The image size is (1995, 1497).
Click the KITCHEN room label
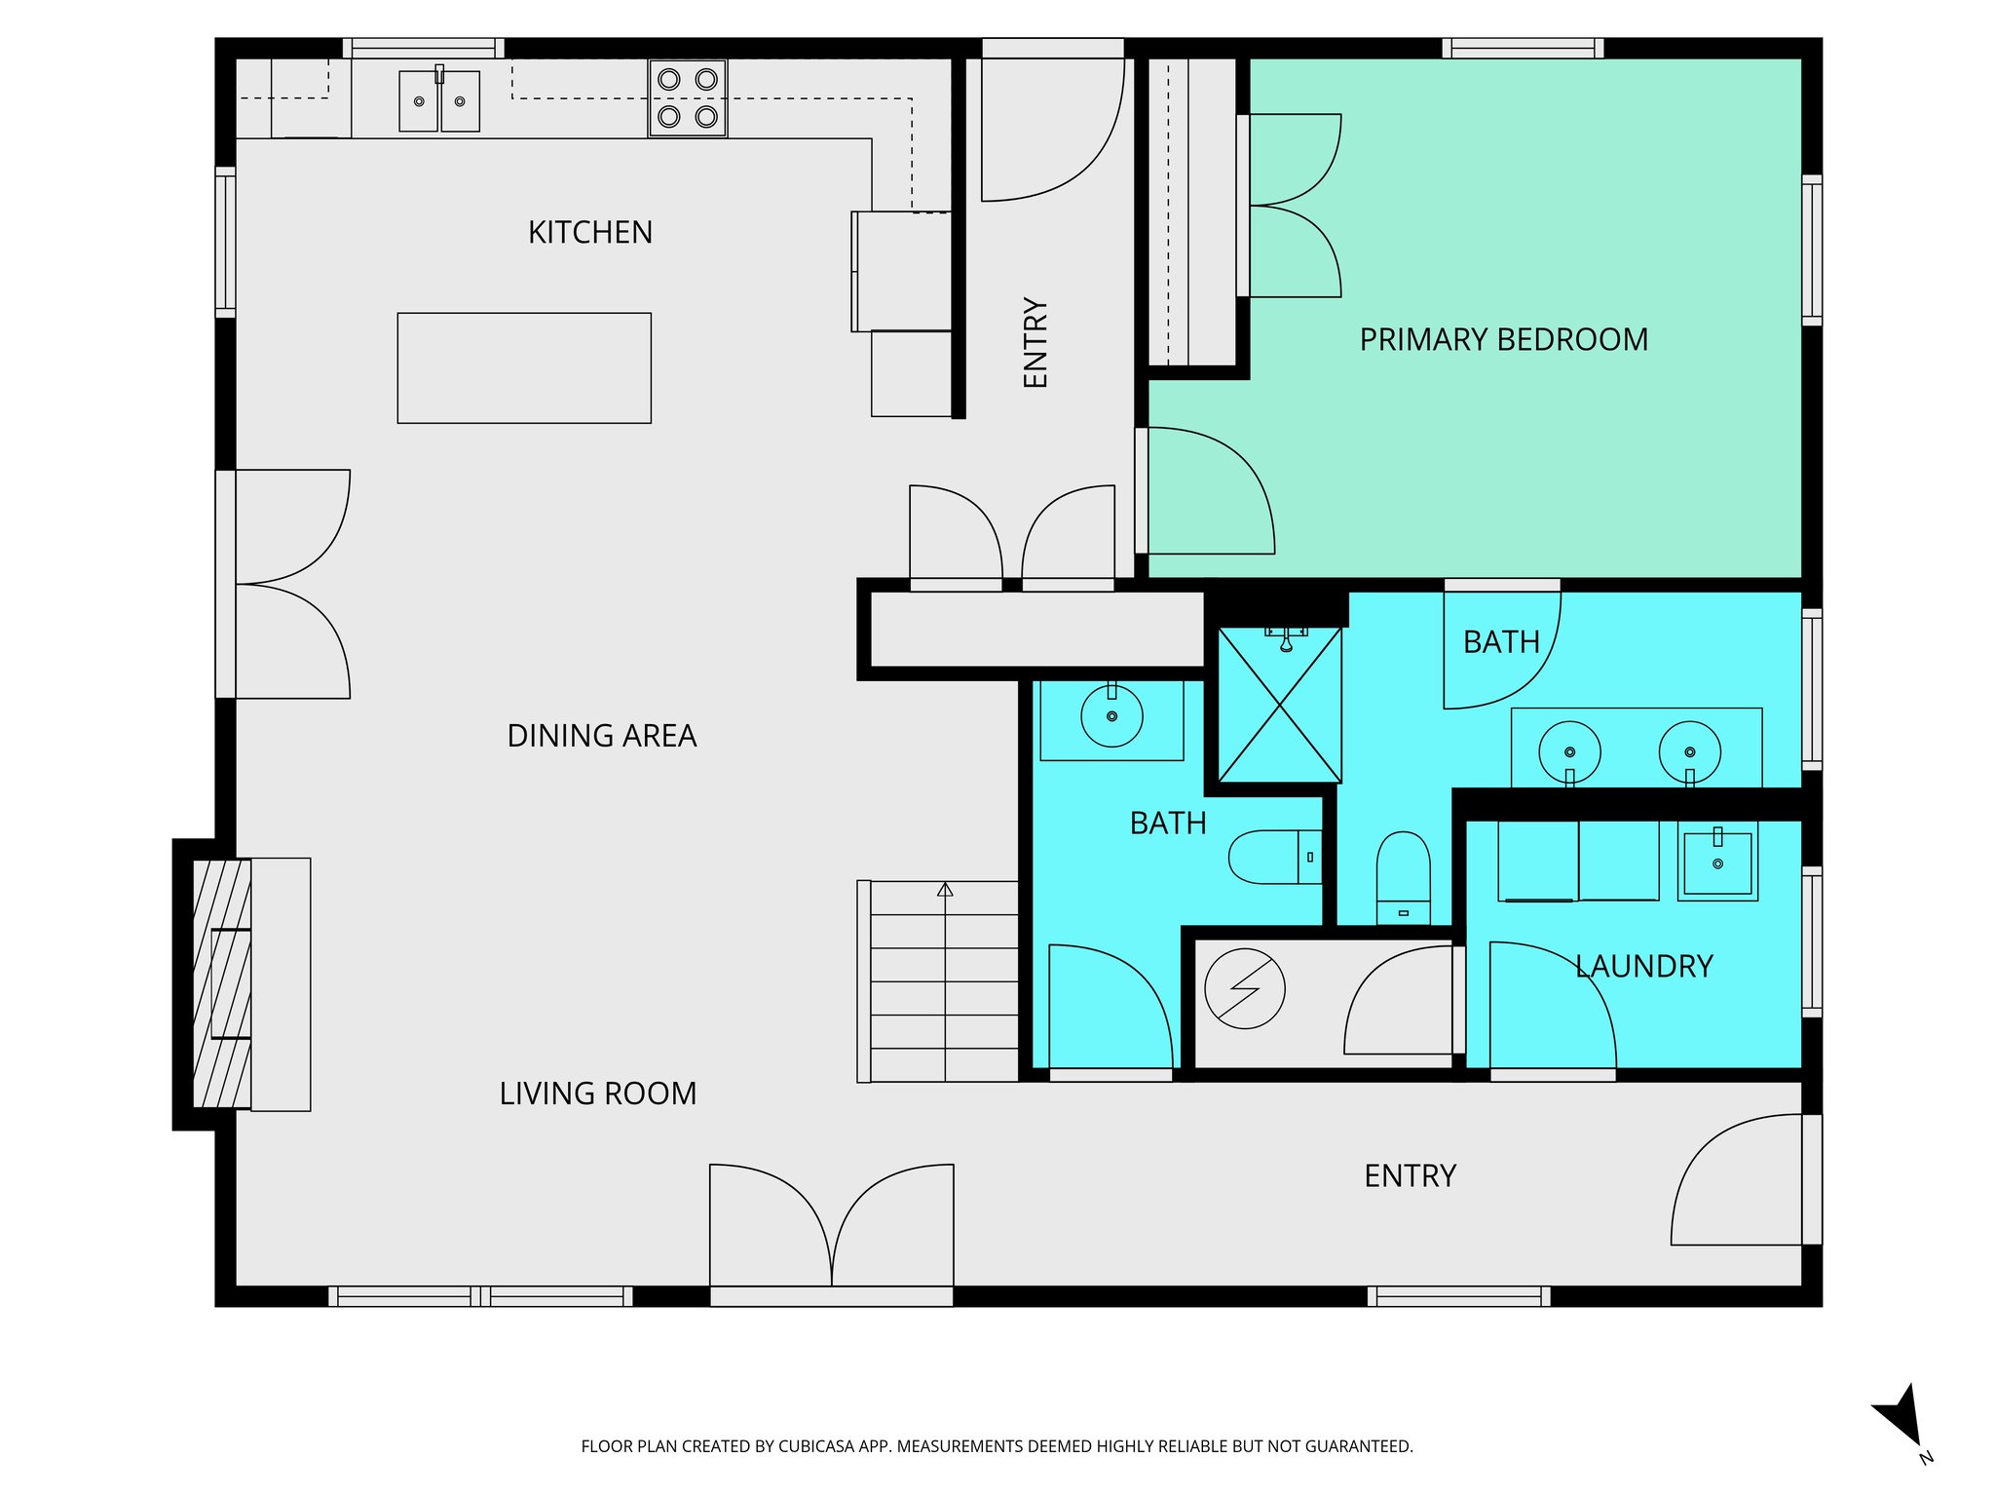[x=589, y=233]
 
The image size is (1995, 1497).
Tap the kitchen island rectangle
[x=524, y=368]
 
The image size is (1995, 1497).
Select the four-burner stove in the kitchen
[x=688, y=98]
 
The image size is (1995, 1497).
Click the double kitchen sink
[x=439, y=101]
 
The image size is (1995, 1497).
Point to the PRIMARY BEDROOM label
[x=1503, y=340]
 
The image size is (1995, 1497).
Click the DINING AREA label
[x=601, y=736]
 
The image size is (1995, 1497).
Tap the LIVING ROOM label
[x=597, y=1094]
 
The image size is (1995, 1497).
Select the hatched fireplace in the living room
[x=222, y=984]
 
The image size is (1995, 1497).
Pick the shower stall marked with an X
[x=1279, y=705]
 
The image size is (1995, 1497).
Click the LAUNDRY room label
[x=1643, y=967]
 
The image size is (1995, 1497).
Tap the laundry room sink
[x=1717, y=864]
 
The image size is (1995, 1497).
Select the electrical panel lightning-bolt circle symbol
[x=1244, y=988]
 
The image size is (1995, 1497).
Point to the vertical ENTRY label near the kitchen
[x=1035, y=343]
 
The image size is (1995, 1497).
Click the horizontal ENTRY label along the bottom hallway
[x=1410, y=1176]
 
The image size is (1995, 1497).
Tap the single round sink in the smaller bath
[x=1111, y=716]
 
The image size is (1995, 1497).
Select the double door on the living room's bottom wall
[x=831, y=1228]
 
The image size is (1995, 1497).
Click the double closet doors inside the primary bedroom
[x=1294, y=206]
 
